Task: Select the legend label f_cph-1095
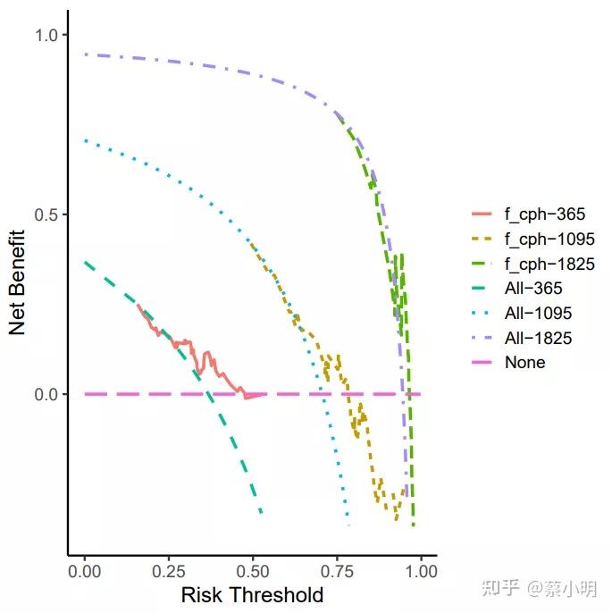[549, 239]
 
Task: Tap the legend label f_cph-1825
[549, 264]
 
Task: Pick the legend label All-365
[533, 289]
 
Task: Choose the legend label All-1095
[538, 314]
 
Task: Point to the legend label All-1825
[538, 339]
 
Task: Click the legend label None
[524, 363]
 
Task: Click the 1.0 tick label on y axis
[45, 35]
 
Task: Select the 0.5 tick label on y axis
[45, 214]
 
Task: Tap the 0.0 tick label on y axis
[45, 394]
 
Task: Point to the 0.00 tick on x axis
[85, 570]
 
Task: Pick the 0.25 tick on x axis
[169, 570]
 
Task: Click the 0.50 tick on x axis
[253, 570]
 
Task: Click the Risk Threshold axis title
[252, 594]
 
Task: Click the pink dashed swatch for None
[482, 363]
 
